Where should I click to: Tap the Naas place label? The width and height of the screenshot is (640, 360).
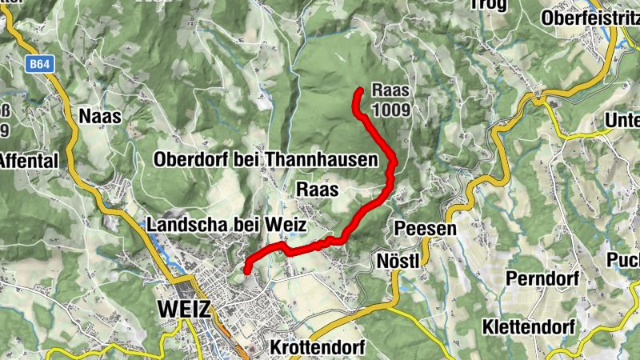[100, 116]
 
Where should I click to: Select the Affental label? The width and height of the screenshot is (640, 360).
[29, 160]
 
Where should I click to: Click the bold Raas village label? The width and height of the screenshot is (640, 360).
[318, 190]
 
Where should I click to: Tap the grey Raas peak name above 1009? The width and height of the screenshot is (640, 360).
[390, 92]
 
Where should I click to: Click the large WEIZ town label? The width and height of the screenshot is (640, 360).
[185, 309]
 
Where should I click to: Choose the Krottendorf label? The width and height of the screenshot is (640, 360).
[318, 348]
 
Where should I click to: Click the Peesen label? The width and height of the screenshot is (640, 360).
[425, 229]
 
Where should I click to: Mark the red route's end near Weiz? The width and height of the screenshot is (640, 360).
[247, 270]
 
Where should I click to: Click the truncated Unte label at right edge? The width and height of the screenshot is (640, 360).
[623, 120]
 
